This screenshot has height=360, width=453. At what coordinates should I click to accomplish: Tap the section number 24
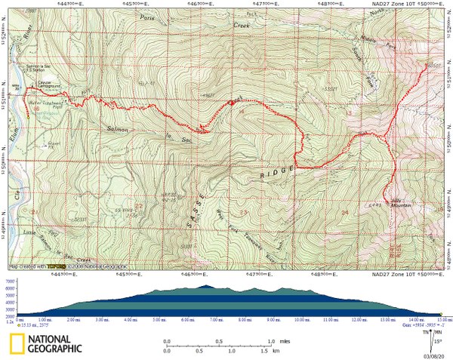pos(345,213)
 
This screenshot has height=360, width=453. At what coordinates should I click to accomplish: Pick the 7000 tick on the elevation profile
pos(10,281)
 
